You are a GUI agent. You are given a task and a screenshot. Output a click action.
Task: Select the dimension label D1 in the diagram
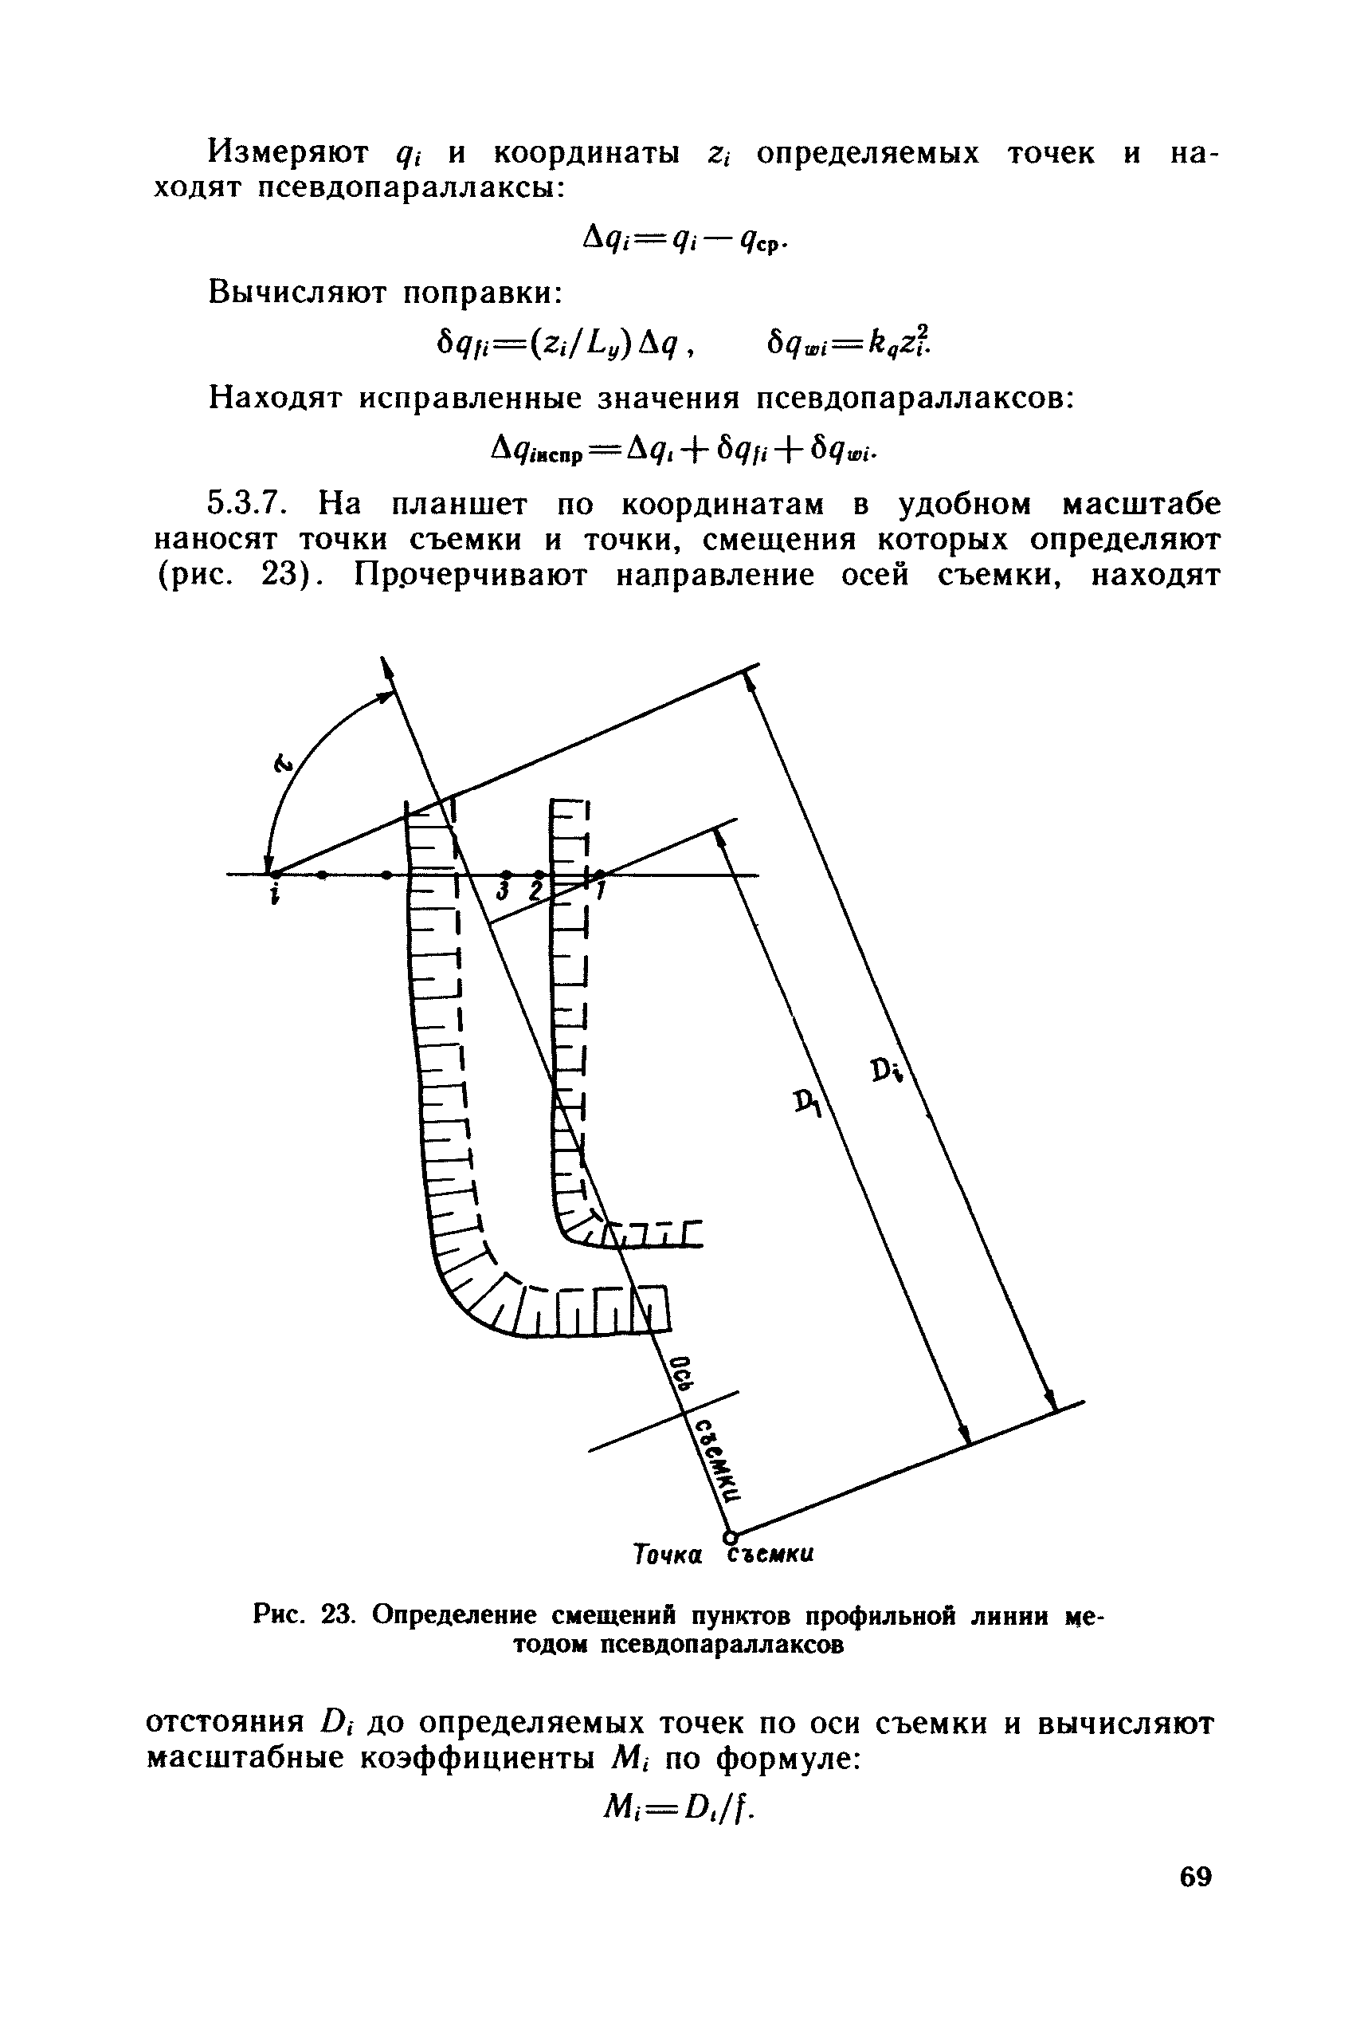pos(808,1104)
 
